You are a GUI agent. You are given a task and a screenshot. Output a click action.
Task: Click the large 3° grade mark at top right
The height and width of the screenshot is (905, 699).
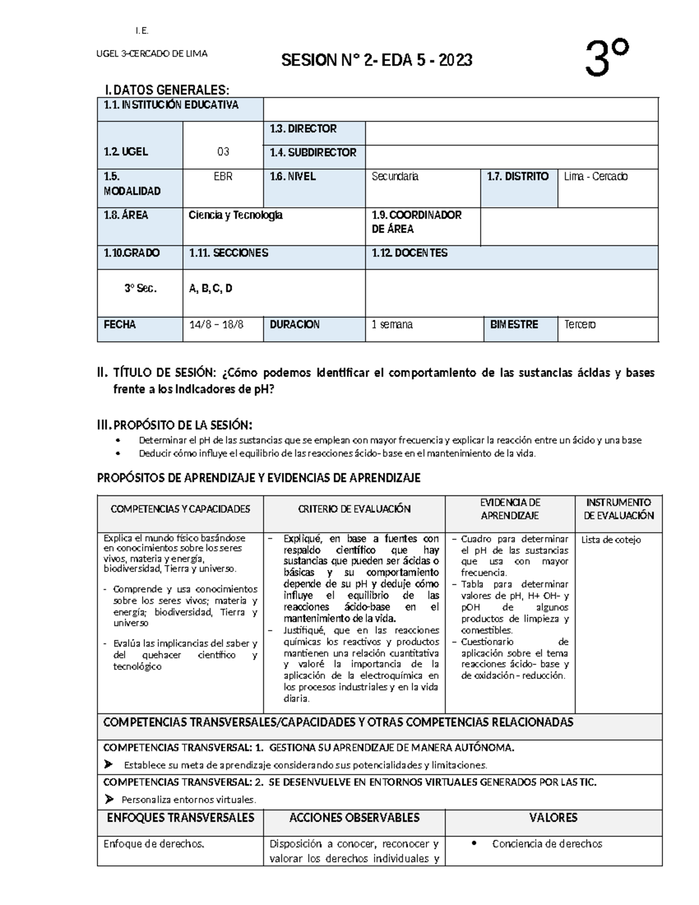[607, 58]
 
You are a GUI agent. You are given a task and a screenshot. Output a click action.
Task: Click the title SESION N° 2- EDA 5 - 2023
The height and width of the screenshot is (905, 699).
[377, 60]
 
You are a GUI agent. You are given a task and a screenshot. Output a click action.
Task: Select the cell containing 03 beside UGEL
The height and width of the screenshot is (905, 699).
[223, 152]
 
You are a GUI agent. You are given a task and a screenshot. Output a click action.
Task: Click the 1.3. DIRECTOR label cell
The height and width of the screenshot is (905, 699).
[303, 129]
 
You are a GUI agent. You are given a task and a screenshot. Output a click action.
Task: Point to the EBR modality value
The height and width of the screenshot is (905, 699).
[223, 177]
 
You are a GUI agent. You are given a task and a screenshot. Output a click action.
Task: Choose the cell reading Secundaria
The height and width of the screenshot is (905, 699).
[395, 177]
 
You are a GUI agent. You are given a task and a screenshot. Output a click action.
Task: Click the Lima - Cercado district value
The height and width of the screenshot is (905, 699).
[596, 177]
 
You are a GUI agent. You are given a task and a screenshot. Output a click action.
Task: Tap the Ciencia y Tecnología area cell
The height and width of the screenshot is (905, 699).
[236, 215]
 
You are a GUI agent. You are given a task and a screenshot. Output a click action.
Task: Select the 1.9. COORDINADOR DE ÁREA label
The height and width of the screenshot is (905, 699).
[416, 222]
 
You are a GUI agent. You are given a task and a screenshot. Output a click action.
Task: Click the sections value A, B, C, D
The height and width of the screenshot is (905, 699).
[211, 288]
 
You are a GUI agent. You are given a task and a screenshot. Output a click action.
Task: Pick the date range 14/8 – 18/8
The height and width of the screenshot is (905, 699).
[217, 325]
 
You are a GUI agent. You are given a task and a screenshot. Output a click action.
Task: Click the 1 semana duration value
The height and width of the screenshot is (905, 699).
[392, 325]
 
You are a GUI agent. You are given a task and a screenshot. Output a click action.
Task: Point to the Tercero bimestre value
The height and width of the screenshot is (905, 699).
[580, 325]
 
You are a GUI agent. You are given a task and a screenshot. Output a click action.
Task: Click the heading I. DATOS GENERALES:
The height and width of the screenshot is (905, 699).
[167, 90]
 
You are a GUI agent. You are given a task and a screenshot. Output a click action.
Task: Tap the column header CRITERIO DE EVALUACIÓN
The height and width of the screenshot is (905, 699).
[354, 509]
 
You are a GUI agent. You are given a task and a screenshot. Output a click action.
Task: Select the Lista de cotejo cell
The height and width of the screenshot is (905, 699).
[610, 540]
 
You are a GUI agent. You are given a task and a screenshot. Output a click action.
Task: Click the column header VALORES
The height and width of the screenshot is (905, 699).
[553, 818]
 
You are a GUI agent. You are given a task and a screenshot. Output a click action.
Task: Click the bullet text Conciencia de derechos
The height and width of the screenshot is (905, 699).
[547, 844]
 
